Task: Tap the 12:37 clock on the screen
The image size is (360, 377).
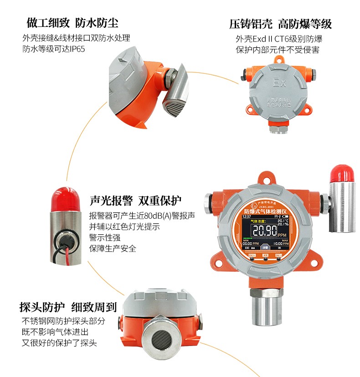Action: pos(247,217)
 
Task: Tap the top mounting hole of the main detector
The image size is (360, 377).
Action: pos(265,177)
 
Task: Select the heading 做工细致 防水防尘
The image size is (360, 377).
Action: pos(72,23)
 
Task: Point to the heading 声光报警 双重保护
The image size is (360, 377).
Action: pos(135,201)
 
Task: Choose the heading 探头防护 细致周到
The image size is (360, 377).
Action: pos(68,307)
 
